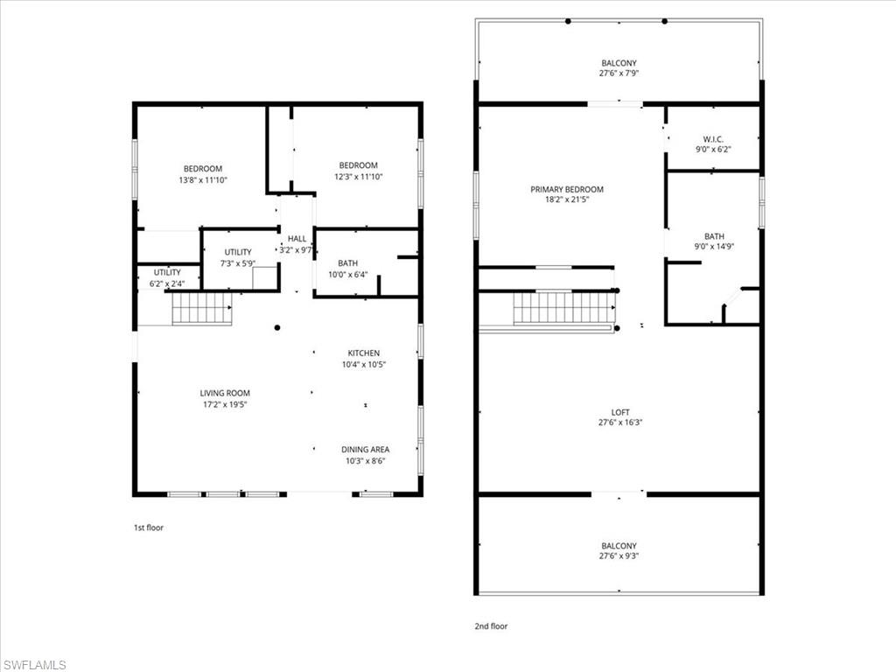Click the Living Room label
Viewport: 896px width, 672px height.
[225, 393]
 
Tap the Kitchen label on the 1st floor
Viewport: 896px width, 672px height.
[363, 353]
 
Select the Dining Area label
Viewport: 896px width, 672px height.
[365, 450]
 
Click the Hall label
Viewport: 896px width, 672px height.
[297, 239]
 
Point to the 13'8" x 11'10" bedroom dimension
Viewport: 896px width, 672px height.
[202, 180]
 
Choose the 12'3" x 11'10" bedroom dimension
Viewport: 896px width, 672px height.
[358, 177]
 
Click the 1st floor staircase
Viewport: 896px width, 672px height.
[201, 309]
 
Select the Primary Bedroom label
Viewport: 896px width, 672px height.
[566, 190]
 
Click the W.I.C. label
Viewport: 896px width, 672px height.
[711, 139]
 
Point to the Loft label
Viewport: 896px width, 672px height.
[619, 413]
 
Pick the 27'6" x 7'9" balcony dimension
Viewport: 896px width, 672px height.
[619, 73]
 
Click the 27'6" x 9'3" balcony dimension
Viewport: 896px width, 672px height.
[619, 556]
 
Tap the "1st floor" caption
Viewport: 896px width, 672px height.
[148, 528]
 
